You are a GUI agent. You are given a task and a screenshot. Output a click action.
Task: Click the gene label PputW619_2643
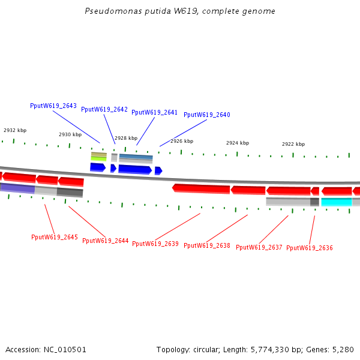[53, 106]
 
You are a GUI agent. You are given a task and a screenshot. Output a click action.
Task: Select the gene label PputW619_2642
[104, 109]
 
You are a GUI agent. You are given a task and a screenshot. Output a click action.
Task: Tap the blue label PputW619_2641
[155, 112]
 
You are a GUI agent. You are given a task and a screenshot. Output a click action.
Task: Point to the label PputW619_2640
[207, 115]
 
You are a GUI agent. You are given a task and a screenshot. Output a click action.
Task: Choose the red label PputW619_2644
[106, 241]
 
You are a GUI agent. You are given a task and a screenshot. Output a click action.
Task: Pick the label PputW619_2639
[155, 244]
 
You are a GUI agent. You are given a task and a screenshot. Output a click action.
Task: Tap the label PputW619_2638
[207, 245]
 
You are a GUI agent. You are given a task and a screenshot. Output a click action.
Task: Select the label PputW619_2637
[259, 247]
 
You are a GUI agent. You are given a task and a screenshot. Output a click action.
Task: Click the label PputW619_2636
[310, 248]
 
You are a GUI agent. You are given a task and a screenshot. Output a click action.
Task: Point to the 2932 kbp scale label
[15, 130]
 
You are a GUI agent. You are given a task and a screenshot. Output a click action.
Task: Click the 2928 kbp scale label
[126, 138]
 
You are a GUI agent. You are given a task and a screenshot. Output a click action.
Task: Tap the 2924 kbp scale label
[238, 143]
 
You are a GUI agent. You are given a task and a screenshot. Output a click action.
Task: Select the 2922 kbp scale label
[293, 144]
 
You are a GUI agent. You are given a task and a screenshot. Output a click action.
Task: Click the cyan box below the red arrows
[337, 202]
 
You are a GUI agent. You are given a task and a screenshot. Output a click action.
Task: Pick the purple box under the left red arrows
[18, 188]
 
